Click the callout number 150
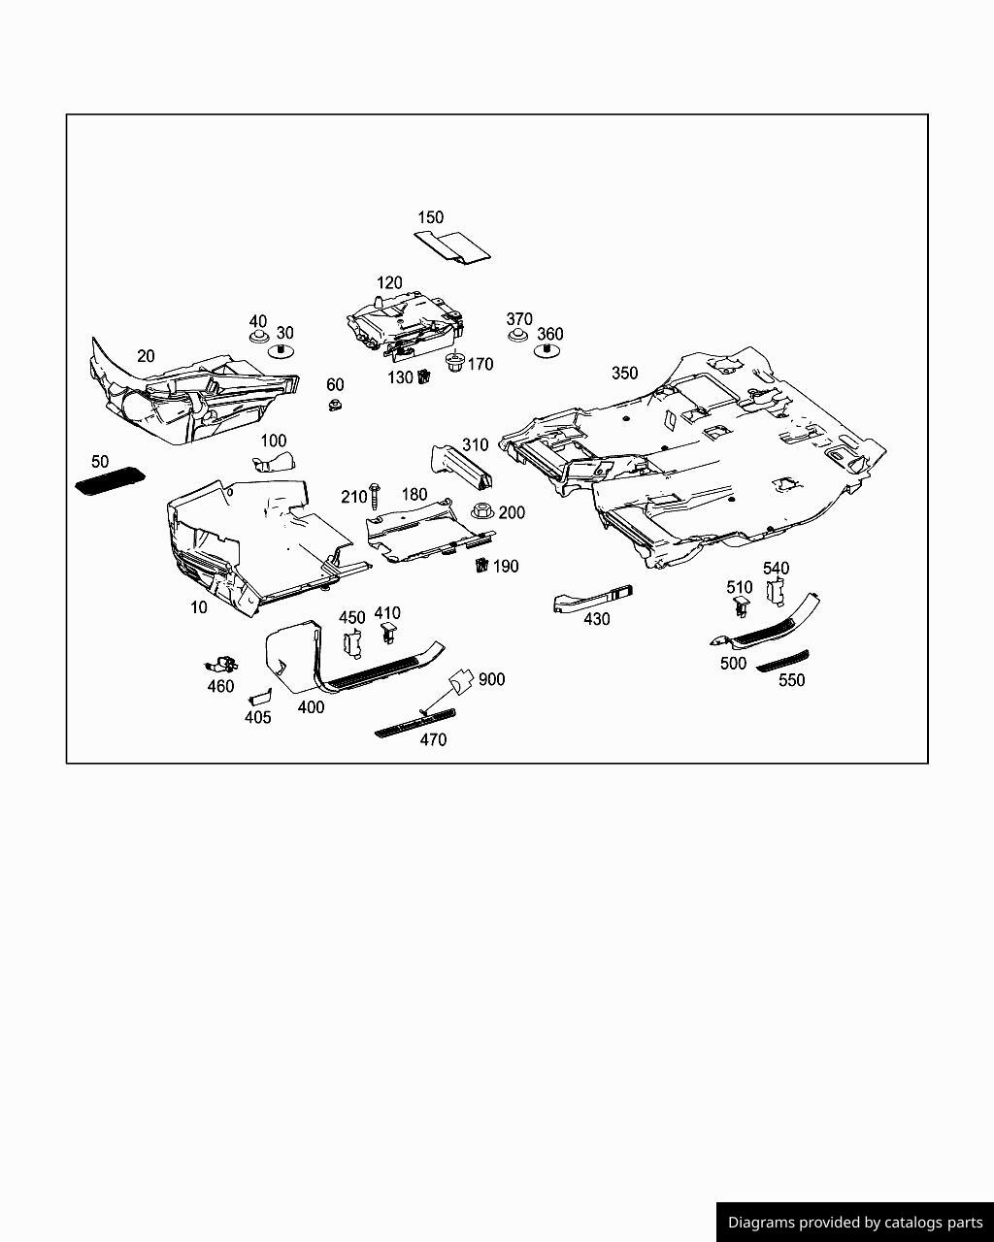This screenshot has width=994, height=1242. pos(430,217)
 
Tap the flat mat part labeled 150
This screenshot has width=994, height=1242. pos(452,247)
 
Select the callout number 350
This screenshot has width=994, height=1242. pos(624,373)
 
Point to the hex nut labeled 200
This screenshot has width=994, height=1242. pos(482,510)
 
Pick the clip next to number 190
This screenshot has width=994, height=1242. pos(481,565)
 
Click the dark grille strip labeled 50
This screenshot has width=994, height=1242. pos(111,480)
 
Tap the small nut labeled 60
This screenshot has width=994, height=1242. pos(335,405)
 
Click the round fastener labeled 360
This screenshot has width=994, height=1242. pos(547,350)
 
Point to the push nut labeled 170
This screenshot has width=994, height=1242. pos(455,363)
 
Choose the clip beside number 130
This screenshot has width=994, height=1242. pos(424,376)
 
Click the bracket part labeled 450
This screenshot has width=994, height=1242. pos(352,643)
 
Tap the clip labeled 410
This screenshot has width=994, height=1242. pos(390,633)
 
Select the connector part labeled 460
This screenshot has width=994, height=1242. pos(221,665)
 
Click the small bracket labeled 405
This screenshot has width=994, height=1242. pos(259,698)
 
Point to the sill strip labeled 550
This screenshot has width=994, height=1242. pos(782,662)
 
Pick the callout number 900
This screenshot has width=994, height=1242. pos(491,679)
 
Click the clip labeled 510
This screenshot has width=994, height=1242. pos(741,607)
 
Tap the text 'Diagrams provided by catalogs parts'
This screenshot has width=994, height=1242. pos(855,1223)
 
